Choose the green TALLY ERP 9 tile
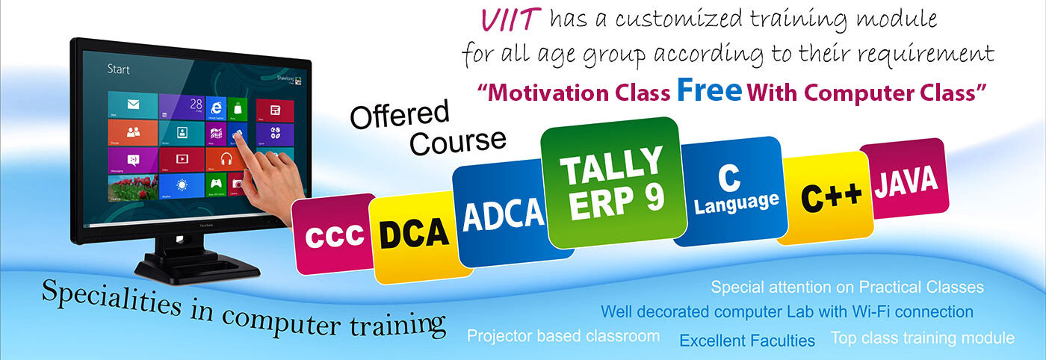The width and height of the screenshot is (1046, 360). [613, 182]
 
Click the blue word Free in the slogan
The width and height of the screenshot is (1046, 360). [709, 90]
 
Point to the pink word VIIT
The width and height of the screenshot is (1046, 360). [510, 20]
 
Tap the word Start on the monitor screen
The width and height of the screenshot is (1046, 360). [118, 69]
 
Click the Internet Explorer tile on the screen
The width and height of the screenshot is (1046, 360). [215, 108]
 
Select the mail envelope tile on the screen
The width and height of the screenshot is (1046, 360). [133, 105]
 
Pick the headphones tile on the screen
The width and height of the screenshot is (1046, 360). [226, 160]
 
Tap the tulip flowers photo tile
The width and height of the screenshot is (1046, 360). [133, 187]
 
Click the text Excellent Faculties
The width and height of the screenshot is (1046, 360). [747, 341]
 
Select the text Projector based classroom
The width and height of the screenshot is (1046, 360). [563, 335]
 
